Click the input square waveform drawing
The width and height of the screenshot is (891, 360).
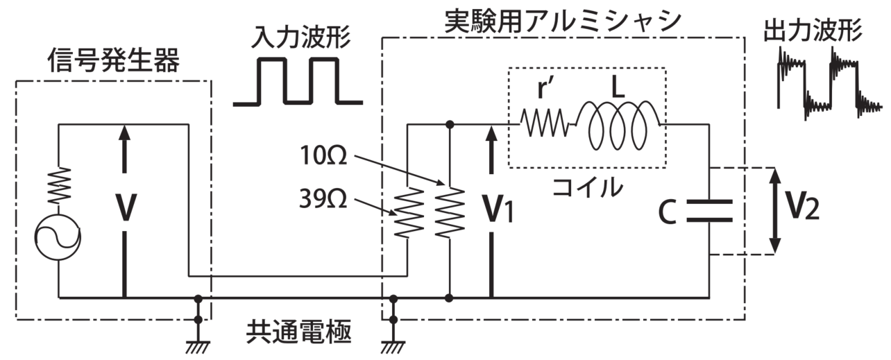click(x=298, y=81)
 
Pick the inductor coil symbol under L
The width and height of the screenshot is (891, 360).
click(x=618, y=123)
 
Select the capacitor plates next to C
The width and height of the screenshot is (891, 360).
click(x=709, y=211)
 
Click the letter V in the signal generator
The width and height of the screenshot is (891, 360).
click(x=124, y=207)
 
